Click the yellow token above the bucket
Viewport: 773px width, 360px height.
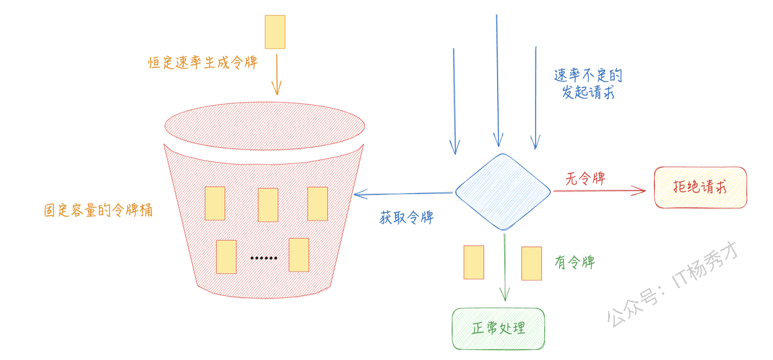[275, 32]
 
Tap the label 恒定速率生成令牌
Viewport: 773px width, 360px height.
[203, 62]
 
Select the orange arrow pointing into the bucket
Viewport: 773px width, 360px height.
[277, 74]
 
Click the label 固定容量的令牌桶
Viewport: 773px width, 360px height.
[98, 210]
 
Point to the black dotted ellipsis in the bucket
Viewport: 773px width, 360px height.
[264, 258]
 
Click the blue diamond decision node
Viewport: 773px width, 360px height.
[503, 192]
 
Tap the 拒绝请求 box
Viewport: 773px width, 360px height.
[701, 187]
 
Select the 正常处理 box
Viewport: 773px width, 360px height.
[498, 329]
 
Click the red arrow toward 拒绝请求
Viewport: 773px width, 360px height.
[600, 190]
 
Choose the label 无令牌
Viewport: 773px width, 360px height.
[585, 178]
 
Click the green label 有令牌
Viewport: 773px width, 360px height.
[575, 262]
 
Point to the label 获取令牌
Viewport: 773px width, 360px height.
[406, 217]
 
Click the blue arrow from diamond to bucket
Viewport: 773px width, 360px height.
[403, 194]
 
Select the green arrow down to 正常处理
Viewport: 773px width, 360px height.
[504, 268]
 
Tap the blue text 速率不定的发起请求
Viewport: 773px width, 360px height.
[588, 84]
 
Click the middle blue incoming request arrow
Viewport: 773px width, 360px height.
[498, 80]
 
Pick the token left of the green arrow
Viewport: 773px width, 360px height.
[474, 262]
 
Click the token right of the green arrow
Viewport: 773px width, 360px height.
[531, 263]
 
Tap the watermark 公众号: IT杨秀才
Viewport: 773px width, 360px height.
[672, 284]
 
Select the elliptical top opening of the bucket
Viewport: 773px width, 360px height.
[265, 126]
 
